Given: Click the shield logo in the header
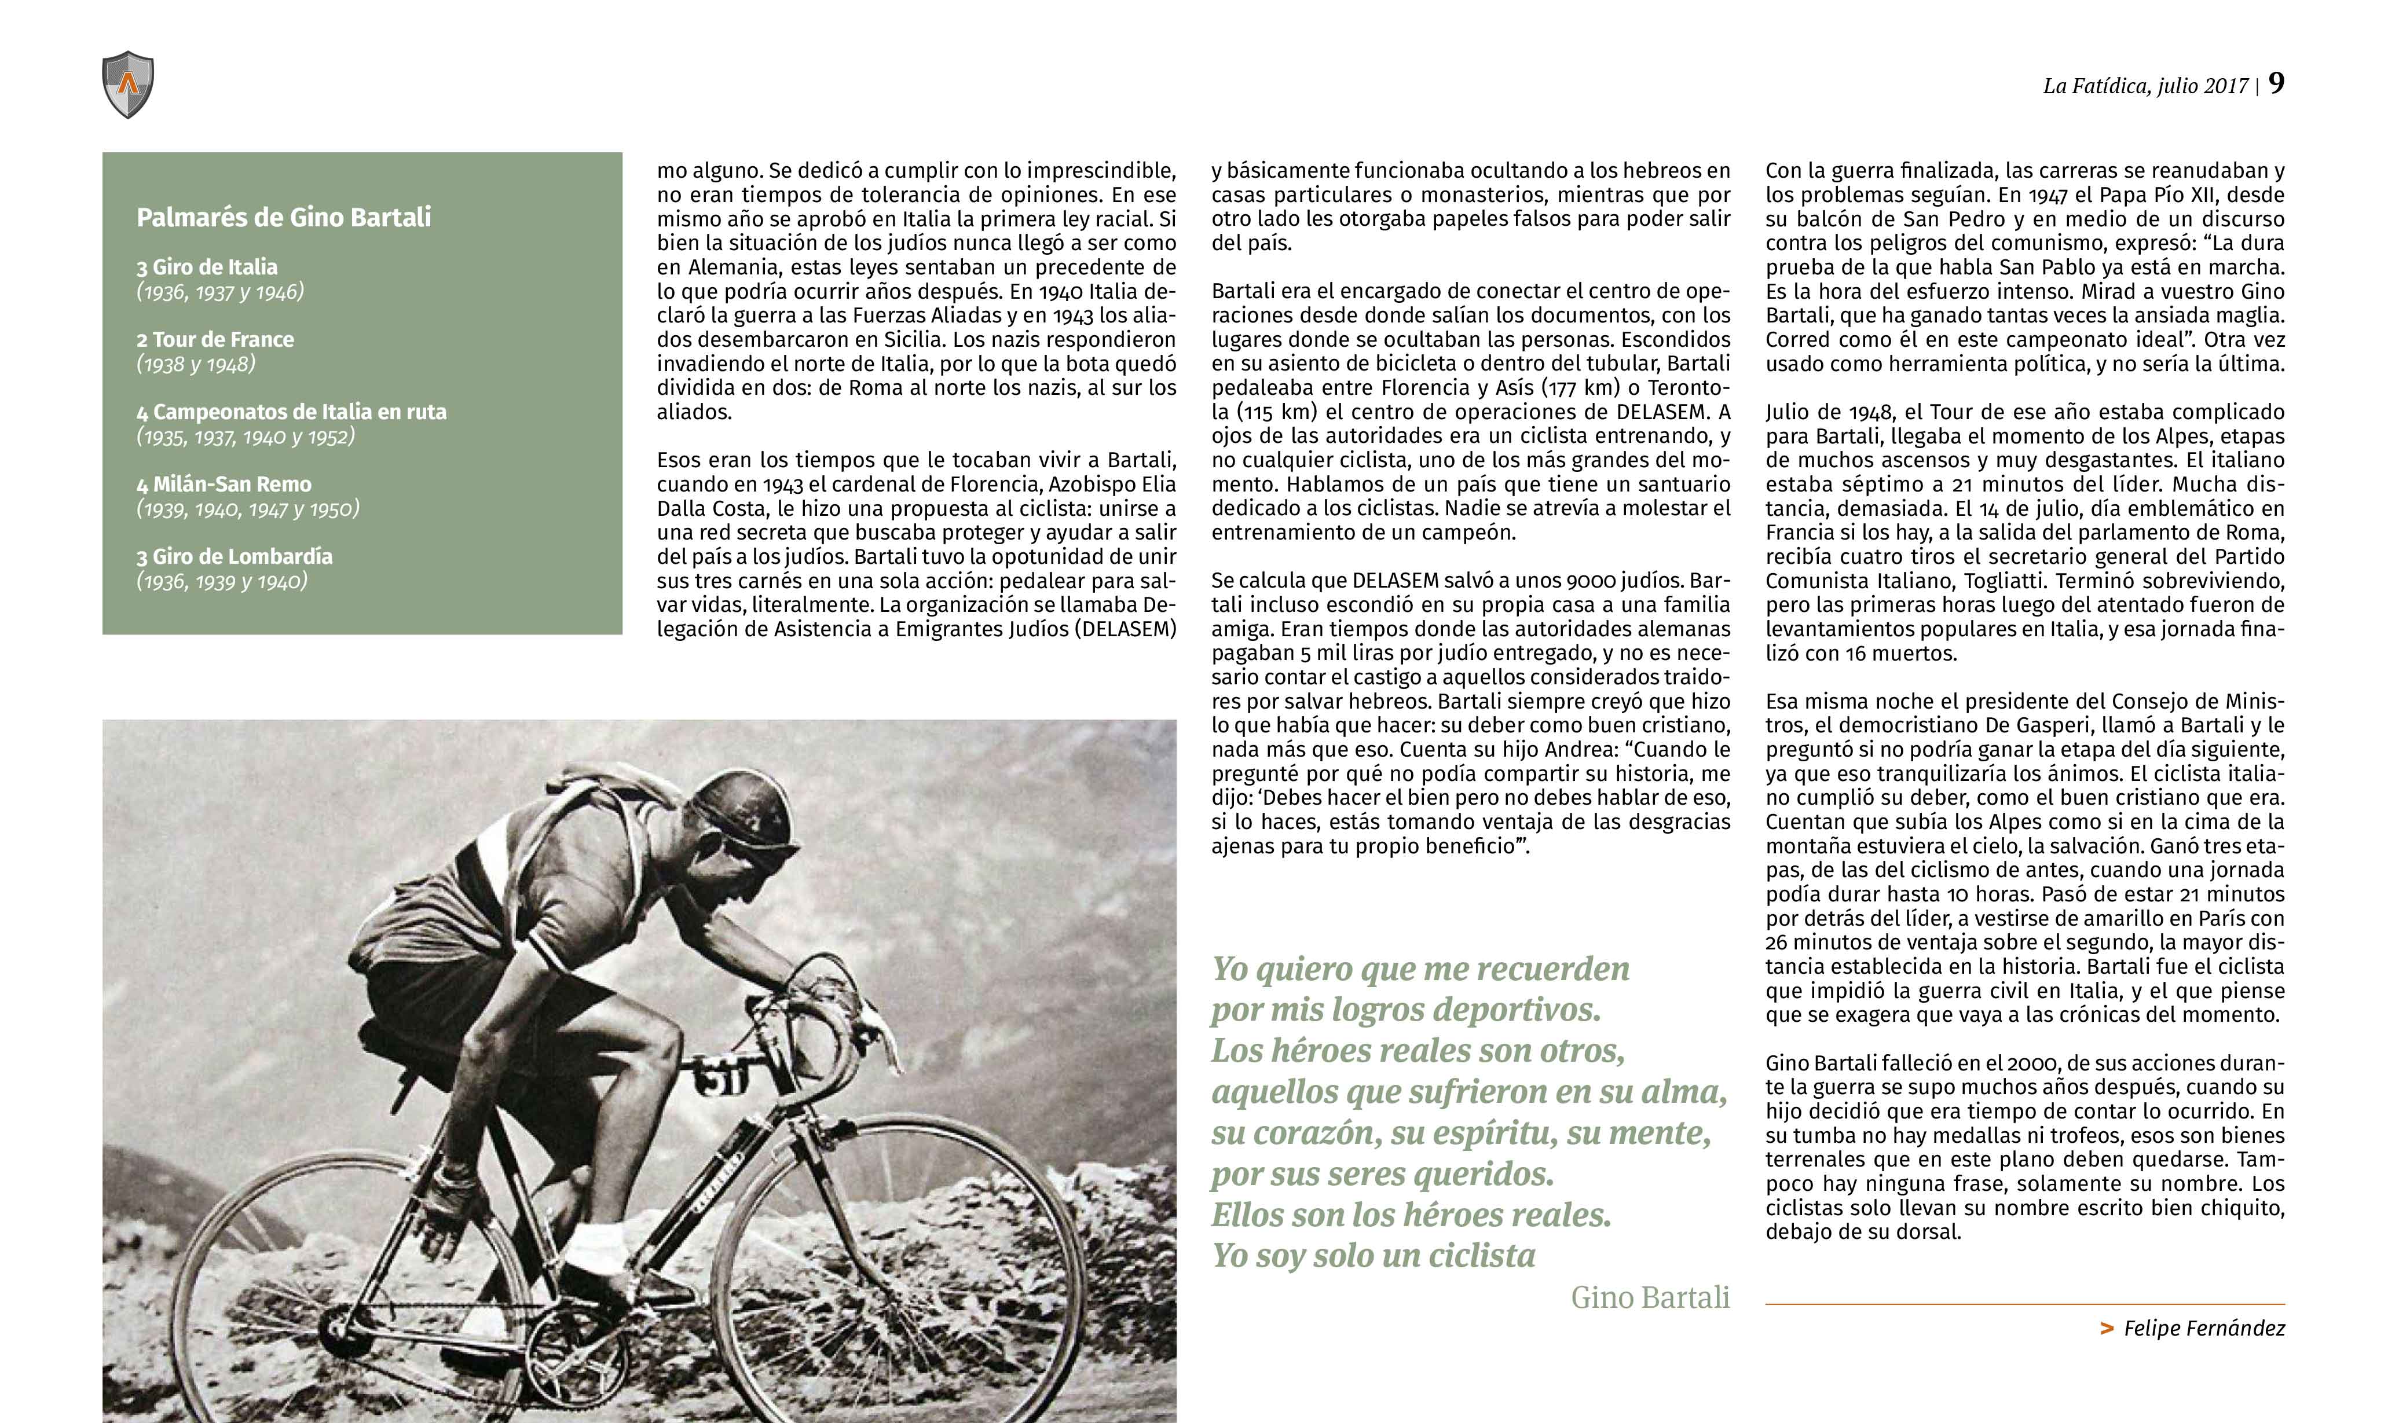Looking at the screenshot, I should (127, 85).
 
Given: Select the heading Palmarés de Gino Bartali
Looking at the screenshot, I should (284, 218).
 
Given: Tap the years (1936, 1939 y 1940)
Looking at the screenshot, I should (222, 581).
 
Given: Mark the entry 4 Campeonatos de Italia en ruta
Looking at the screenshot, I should (291, 412).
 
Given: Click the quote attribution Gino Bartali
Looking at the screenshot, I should (1650, 1297).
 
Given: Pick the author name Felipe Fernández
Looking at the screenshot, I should (2204, 1328).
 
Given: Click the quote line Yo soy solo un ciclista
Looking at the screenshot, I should (1374, 1256).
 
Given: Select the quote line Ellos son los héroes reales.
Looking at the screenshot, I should (1411, 1215).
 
